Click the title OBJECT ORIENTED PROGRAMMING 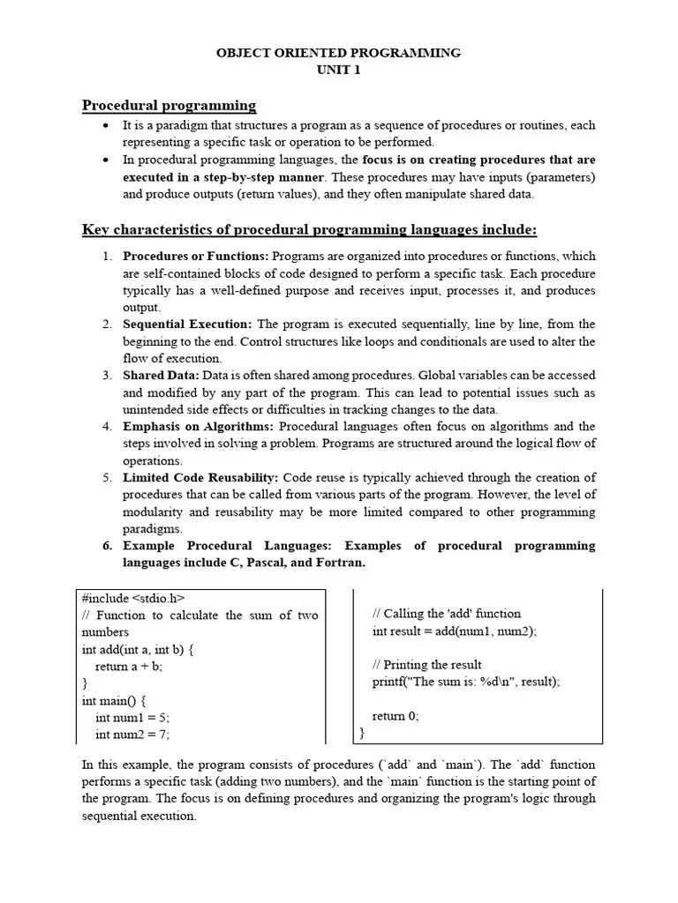click(339, 53)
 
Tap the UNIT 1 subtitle click(339, 71)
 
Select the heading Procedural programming click(169, 106)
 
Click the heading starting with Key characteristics click(309, 230)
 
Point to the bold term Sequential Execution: click(187, 325)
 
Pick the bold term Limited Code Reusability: click(200, 478)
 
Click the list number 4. click(106, 427)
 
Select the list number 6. click(106, 546)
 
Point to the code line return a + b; click(129, 666)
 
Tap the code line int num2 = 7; click(132, 734)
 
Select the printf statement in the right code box click(466, 682)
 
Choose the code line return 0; click(395, 716)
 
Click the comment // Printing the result click(427, 665)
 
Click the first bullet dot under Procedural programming click(106, 126)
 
